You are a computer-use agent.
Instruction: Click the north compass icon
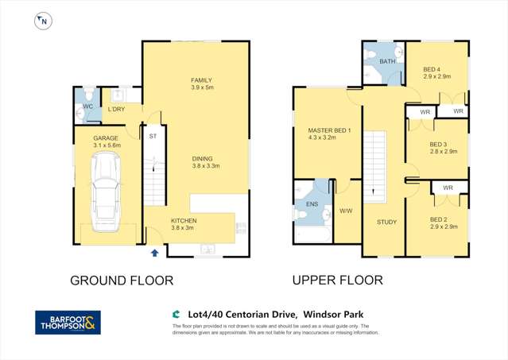[x=42, y=21]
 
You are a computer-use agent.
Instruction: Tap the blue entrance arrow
[x=155, y=253]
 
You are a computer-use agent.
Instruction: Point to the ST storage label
[x=152, y=136]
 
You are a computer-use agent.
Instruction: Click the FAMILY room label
[x=202, y=80]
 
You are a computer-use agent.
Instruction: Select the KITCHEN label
[x=184, y=220]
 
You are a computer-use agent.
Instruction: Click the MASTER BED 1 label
[x=324, y=130]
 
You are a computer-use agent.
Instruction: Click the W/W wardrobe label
[x=345, y=211]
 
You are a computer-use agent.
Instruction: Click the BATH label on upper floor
[x=387, y=60]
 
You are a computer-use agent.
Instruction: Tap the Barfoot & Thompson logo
[x=69, y=322]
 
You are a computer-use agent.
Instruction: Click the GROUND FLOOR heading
[x=122, y=281]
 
